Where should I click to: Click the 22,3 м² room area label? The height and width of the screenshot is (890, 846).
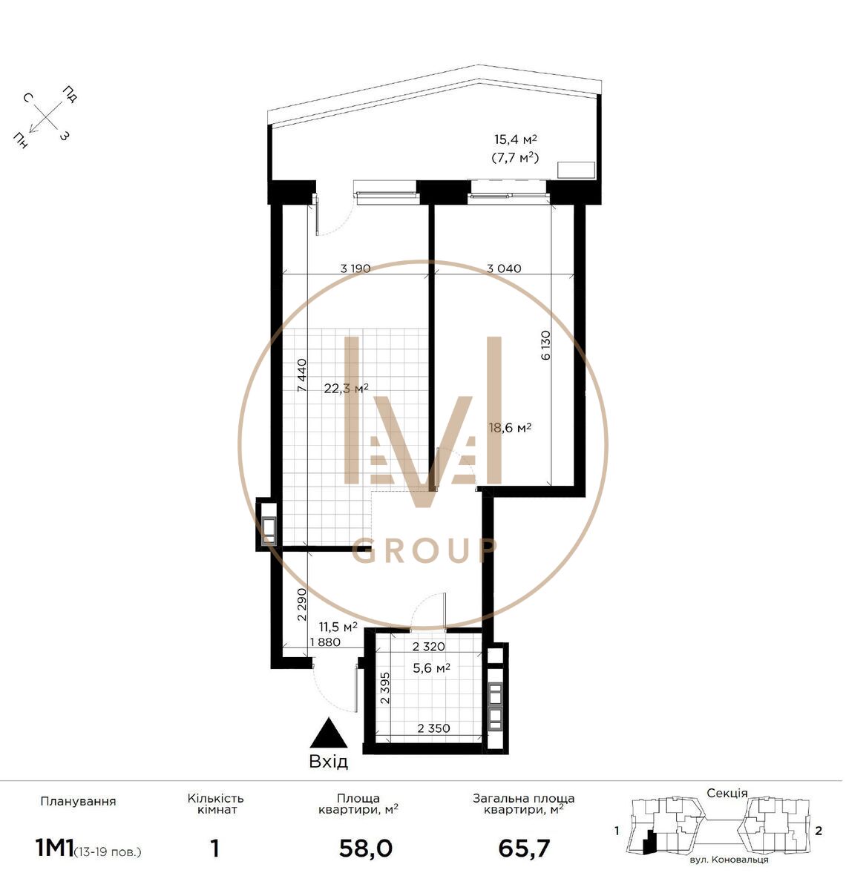coord(346,388)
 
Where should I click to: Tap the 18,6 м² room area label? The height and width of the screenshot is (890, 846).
coord(511,427)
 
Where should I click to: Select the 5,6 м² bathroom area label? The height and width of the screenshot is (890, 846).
coord(431,667)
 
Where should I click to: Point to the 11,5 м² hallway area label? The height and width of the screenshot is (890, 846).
coord(338,627)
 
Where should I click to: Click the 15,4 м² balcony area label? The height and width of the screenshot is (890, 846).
coord(516,139)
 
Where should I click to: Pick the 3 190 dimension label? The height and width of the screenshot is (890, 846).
coord(355,268)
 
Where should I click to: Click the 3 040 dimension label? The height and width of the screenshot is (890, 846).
coord(504,268)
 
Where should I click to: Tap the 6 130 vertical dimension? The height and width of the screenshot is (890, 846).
coord(545,345)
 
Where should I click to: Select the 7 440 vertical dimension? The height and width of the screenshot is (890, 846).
coord(302,375)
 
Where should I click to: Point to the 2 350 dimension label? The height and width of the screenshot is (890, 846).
coord(433,728)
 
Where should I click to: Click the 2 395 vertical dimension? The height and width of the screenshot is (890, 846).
coord(384,688)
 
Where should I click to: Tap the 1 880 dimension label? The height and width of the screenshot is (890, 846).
coord(325,642)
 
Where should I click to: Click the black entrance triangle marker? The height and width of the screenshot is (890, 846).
coord(329,733)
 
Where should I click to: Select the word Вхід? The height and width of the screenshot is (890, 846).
coord(329,762)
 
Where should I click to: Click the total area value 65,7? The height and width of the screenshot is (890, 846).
coord(524,848)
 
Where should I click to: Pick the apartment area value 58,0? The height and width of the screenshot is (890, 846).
coord(365,848)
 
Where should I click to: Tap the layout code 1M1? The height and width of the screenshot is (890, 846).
coord(54,848)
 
